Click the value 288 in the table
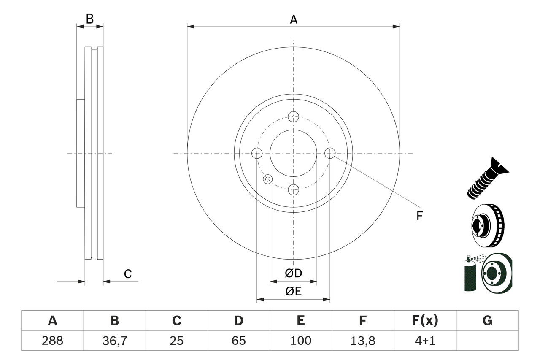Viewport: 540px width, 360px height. tap(52, 341)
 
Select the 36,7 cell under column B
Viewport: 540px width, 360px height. tap(114, 341)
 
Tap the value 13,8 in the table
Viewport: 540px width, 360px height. tap(363, 341)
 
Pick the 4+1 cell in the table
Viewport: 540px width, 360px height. tap(425, 341)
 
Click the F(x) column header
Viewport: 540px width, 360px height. tap(425, 321)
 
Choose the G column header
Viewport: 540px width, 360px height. tap(487, 321)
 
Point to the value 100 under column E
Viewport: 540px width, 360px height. tap(300, 341)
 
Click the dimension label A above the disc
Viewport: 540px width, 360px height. tap(294, 19)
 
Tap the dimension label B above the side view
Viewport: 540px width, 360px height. tap(89, 19)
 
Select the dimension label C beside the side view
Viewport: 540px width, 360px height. tap(128, 274)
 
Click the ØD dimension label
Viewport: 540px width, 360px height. tap(294, 273)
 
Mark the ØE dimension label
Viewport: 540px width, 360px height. tap(294, 291)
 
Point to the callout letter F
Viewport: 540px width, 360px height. tap(419, 216)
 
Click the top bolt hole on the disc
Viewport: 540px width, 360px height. tap(293, 116)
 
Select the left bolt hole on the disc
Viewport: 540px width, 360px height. tap(256, 153)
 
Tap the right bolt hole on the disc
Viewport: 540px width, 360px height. tap(330, 153)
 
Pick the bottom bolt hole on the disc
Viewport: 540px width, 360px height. tap(293, 189)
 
